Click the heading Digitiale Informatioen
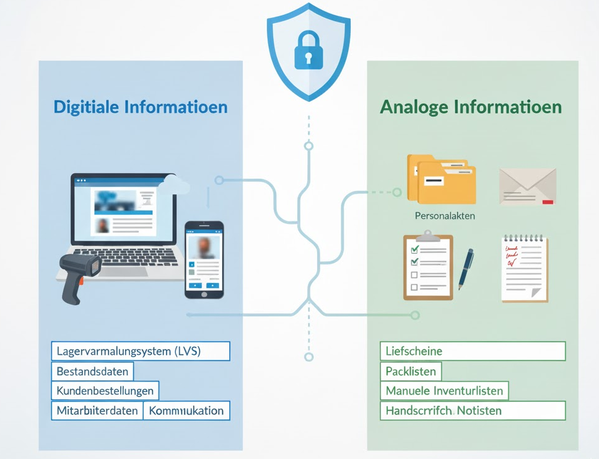pyautogui.click(x=141, y=107)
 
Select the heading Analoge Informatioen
pyautogui.click(x=470, y=107)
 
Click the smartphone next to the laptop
pyautogui.click(x=204, y=259)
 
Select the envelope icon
pyautogui.click(x=527, y=186)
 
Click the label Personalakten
pyautogui.click(x=445, y=216)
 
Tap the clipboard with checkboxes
pyautogui.click(x=428, y=267)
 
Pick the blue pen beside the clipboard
pyautogui.click(x=466, y=269)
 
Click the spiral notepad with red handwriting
pyautogui.click(x=524, y=269)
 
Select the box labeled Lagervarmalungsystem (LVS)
pyautogui.click(x=140, y=351)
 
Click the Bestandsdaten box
pyautogui.click(x=92, y=372)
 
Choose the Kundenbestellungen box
pyautogui.click(x=105, y=391)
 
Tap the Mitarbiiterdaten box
pyautogui.click(x=97, y=411)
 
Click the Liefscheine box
pyautogui.click(x=472, y=351)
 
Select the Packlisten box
pyautogui.click(x=411, y=372)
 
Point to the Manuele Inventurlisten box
pyautogui.click(x=444, y=391)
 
